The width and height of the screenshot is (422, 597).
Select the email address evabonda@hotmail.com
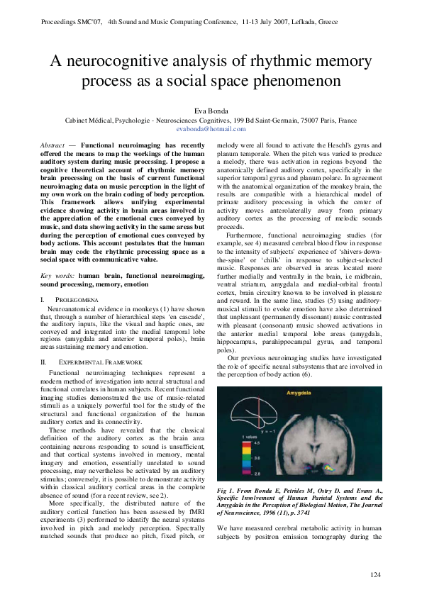(x=211, y=129)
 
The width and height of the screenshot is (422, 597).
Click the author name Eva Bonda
(x=211, y=111)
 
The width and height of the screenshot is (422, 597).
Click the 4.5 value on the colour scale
(x=253, y=442)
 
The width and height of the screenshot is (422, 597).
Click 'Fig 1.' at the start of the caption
(x=226, y=491)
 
